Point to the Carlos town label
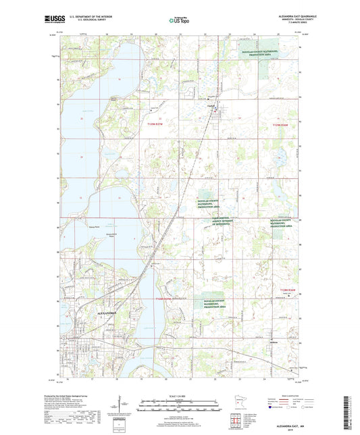210,105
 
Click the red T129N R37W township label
156,124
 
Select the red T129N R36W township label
279,124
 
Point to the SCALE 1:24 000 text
180,395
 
